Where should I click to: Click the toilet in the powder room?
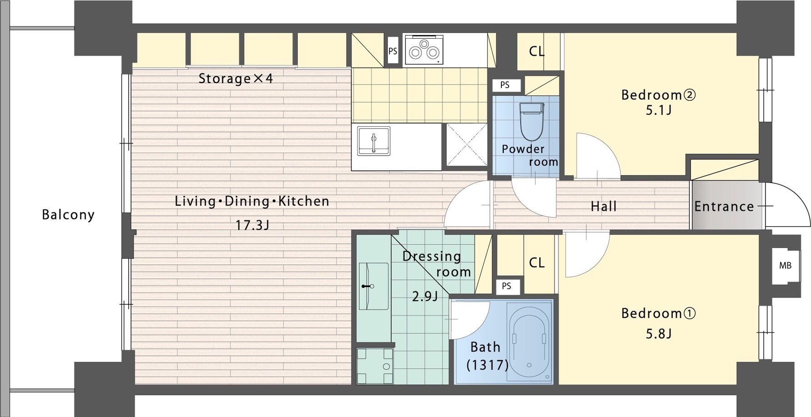tap(532, 121)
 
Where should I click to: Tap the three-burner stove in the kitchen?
tap(423, 50)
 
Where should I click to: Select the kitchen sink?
tap(374, 141)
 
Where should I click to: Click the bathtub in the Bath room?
tap(530, 340)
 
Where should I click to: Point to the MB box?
tap(785, 266)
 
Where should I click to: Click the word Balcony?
tap(68, 214)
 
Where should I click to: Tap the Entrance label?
tap(724, 206)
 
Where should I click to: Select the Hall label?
tap(604, 207)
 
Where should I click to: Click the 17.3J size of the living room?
tap(252, 225)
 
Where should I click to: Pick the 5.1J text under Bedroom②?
tap(659, 110)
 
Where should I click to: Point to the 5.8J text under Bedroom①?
tap(659, 334)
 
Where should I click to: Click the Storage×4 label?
tap(235, 79)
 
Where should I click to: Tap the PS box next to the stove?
tap(393, 51)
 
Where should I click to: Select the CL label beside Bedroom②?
tap(537, 51)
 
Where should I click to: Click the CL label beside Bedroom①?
tap(537, 263)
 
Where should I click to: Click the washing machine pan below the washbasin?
tap(375, 366)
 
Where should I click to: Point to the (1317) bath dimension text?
tap(487, 365)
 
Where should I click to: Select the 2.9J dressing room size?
tap(425, 297)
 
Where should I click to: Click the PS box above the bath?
tap(506, 286)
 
